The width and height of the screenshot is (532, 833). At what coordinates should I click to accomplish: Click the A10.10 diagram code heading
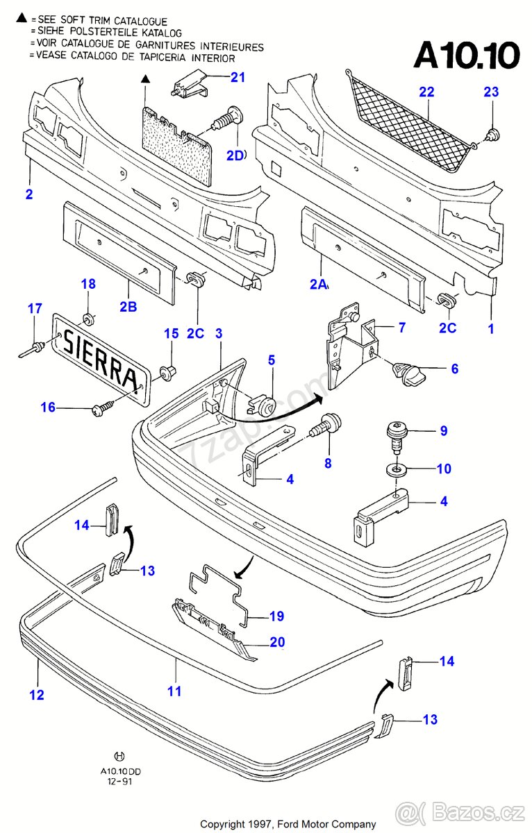(x=466, y=55)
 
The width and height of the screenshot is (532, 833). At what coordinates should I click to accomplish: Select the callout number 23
(x=491, y=92)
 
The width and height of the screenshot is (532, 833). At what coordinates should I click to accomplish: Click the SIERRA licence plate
(x=99, y=357)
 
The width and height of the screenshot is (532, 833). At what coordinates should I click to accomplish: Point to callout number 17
(x=35, y=309)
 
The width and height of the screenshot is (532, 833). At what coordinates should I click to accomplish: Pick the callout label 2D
(x=235, y=155)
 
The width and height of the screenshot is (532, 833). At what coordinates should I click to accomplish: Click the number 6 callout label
(x=455, y=369)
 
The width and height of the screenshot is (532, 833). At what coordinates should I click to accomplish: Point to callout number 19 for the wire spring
(x=277, y=616)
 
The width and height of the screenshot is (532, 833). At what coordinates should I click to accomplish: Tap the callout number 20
(x=277, y=643)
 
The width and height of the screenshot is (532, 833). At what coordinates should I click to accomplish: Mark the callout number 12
(x=37, y=694)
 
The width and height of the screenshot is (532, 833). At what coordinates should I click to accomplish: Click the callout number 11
(x=174, y=691)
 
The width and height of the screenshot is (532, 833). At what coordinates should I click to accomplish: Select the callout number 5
(x=272, y=360)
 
